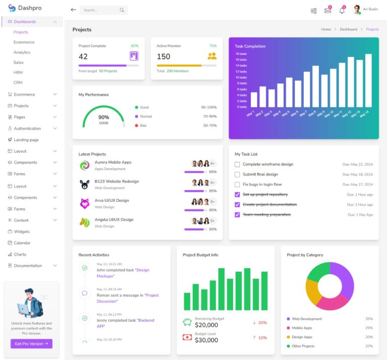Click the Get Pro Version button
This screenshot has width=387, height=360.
tap(31, 343)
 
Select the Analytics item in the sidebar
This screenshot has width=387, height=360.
tap(22, 52)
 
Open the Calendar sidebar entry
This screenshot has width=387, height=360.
tap(22, 243)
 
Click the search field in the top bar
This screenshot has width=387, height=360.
tap(100, 10)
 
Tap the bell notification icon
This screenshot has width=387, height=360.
tap(342, 10)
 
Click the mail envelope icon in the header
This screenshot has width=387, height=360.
tap(328, 10)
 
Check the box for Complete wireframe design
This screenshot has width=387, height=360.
tap(237, 164)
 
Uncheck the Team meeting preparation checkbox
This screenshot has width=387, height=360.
tap(237, 215)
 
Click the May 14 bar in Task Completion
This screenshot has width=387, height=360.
tap(368, 81)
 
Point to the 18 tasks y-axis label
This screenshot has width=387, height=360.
tap(241, 53)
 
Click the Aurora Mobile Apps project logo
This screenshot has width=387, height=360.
tap(85, 165)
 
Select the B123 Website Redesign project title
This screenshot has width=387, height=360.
tap(116, 182)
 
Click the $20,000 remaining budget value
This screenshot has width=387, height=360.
tap(206, 325)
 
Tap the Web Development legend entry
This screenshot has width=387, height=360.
tap(306, 319)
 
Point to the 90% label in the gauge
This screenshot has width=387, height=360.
tap(103, 117)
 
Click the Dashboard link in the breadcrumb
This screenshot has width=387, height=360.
tap(348, 29)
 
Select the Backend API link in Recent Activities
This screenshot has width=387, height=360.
tap(146, 320)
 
